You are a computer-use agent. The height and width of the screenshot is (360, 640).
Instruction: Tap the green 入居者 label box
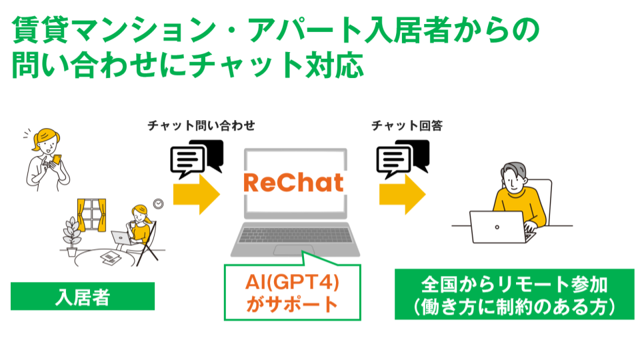click(83, 296)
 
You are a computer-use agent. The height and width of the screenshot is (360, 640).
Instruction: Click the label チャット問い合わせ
click(201, 125)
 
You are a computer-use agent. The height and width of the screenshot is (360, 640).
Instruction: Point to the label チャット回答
click(407, 125)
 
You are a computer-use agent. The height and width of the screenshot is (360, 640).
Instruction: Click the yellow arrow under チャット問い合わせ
click(196, 194)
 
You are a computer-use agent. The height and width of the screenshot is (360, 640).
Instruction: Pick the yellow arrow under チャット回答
click(403, 194)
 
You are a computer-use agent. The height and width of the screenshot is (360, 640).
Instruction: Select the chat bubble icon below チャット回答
click(403, 158)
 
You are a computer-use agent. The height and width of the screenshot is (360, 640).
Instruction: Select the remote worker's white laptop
click(497, 227)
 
